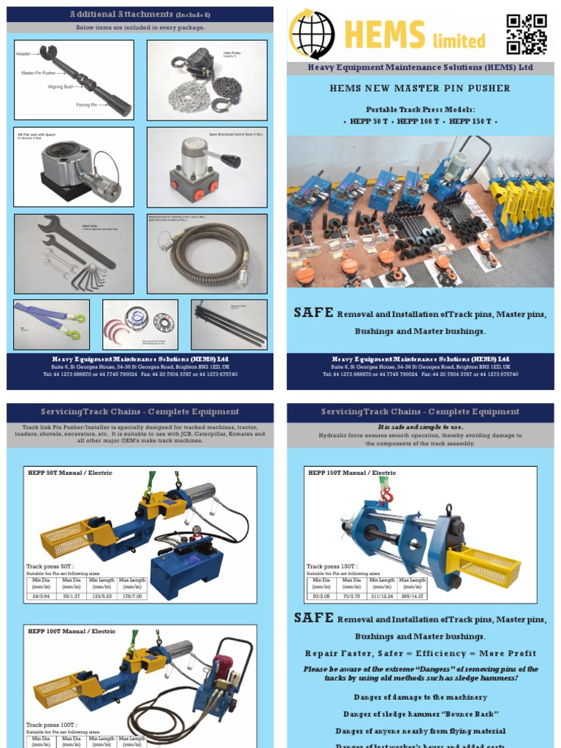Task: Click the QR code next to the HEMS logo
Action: pos(527,34)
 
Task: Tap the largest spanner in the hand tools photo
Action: pos(77,242)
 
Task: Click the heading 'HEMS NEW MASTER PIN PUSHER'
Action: pos(419,88)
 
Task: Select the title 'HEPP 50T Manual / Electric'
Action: pos(70,473)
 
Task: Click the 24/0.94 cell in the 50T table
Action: pos(41,596)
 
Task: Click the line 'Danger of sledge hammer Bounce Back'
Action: pos(420,714)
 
